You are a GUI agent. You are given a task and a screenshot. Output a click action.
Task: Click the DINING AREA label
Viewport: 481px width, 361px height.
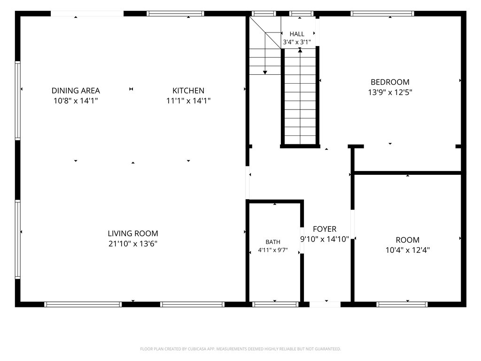click(x=76, y=91)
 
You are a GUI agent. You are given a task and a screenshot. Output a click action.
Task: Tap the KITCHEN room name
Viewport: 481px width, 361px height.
click(x=188, y=91)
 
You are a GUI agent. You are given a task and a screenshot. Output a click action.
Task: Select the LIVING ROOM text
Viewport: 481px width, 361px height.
click(x=133, y=233)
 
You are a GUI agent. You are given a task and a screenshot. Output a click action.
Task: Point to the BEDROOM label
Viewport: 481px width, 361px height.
click(x=390, y=82)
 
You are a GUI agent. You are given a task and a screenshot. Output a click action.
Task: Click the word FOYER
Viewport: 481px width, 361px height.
click(x=325, y=229)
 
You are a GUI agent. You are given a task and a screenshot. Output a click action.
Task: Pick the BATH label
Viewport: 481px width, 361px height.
click(x=273, y=242)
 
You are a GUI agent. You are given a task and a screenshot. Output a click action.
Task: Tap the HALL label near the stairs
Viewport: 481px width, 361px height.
click(x=297, y=34)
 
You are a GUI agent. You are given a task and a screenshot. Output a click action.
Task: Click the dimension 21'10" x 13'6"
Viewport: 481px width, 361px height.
click(x=133, y=244)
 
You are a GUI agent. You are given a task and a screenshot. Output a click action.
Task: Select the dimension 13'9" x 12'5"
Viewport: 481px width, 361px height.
click(x=390, y=92)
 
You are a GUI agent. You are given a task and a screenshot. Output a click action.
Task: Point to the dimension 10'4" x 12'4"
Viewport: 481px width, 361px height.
click(x=407, y=250)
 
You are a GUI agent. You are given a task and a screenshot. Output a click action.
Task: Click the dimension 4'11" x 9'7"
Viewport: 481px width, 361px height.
click(x=273, y=250)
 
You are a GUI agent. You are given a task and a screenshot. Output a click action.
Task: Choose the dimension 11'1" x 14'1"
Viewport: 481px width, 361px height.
click(x=188, y=101)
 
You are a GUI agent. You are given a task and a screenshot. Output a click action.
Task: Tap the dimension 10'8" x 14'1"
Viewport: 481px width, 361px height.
click(x=76, y=101)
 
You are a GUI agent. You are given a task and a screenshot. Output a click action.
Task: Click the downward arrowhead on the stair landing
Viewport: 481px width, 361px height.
click(x=265, y=72)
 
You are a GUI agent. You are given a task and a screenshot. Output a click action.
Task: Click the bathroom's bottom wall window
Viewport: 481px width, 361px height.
click(x=275, y=305)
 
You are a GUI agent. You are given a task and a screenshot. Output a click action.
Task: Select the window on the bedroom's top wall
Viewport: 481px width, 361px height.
click(x=382, y=14)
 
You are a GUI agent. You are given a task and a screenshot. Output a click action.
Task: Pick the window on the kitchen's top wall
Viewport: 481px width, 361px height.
click(x=175, y=14)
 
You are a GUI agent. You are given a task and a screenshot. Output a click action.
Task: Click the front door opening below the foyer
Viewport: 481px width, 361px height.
click(x=325, y=305)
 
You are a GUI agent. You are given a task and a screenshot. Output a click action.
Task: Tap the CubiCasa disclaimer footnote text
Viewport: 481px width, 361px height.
click(x=240, y=349)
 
